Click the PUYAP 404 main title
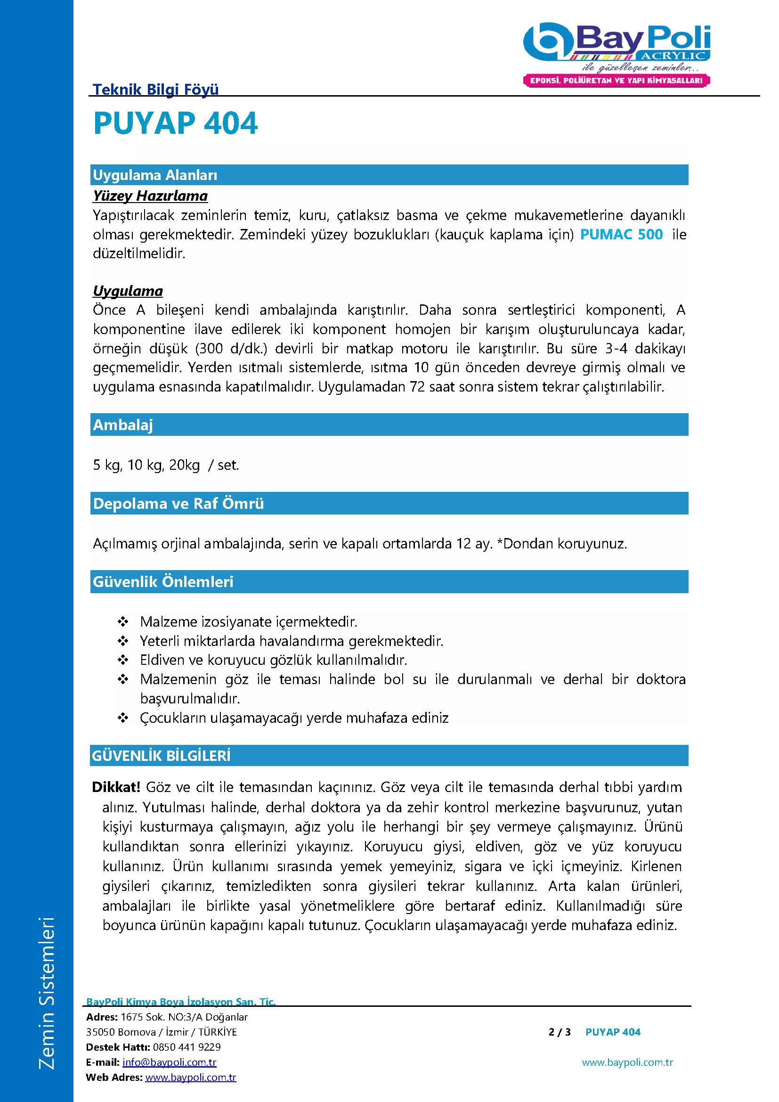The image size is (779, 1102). point(176,124)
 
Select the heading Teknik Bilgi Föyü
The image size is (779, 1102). point(155,89)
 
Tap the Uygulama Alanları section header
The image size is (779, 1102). point(155,175)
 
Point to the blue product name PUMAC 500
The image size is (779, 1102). point(621,235)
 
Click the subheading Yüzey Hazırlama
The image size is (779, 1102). point(150,196)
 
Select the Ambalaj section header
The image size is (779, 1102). point(123,425)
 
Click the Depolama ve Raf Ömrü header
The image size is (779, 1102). point(178,504)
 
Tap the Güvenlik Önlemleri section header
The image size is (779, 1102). point(162,582)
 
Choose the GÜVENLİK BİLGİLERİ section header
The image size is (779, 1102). point(161,756)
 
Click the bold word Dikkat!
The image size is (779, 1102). point(116,787)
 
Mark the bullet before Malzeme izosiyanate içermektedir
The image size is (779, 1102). point(123,622)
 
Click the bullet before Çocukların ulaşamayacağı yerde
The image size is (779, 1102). point(123,718)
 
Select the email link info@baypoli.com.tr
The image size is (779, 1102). point(170,1062)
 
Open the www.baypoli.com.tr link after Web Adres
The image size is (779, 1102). point(190,1078)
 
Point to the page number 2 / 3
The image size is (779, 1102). point(560,1032)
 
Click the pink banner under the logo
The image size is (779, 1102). point(616,81)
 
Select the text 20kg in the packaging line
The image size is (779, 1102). point(184,465)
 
